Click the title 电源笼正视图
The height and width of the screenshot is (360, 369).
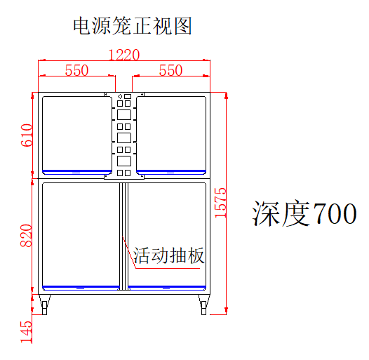133,26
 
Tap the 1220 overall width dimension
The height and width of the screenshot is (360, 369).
124,55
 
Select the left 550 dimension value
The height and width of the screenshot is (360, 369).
76,70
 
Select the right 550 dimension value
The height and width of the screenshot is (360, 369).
171,70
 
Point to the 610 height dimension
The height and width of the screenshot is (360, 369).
27,135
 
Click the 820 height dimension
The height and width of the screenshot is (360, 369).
26,236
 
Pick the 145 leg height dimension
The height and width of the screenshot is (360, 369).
26,332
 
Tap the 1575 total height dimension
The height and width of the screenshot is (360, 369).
220,203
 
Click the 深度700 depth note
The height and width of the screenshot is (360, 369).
304,213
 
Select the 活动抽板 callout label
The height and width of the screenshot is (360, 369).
168,255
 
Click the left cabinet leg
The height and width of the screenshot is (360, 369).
44,305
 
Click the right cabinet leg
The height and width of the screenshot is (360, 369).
204,305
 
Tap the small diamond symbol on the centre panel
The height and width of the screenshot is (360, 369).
120,96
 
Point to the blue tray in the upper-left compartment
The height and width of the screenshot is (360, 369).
76,172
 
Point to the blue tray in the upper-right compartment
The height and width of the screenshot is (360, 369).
171,172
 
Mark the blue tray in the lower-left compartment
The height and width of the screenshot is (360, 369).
81,288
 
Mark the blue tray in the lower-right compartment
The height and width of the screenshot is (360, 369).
167,288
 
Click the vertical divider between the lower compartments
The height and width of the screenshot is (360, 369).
123,236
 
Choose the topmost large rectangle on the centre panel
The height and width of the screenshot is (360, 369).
124,114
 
